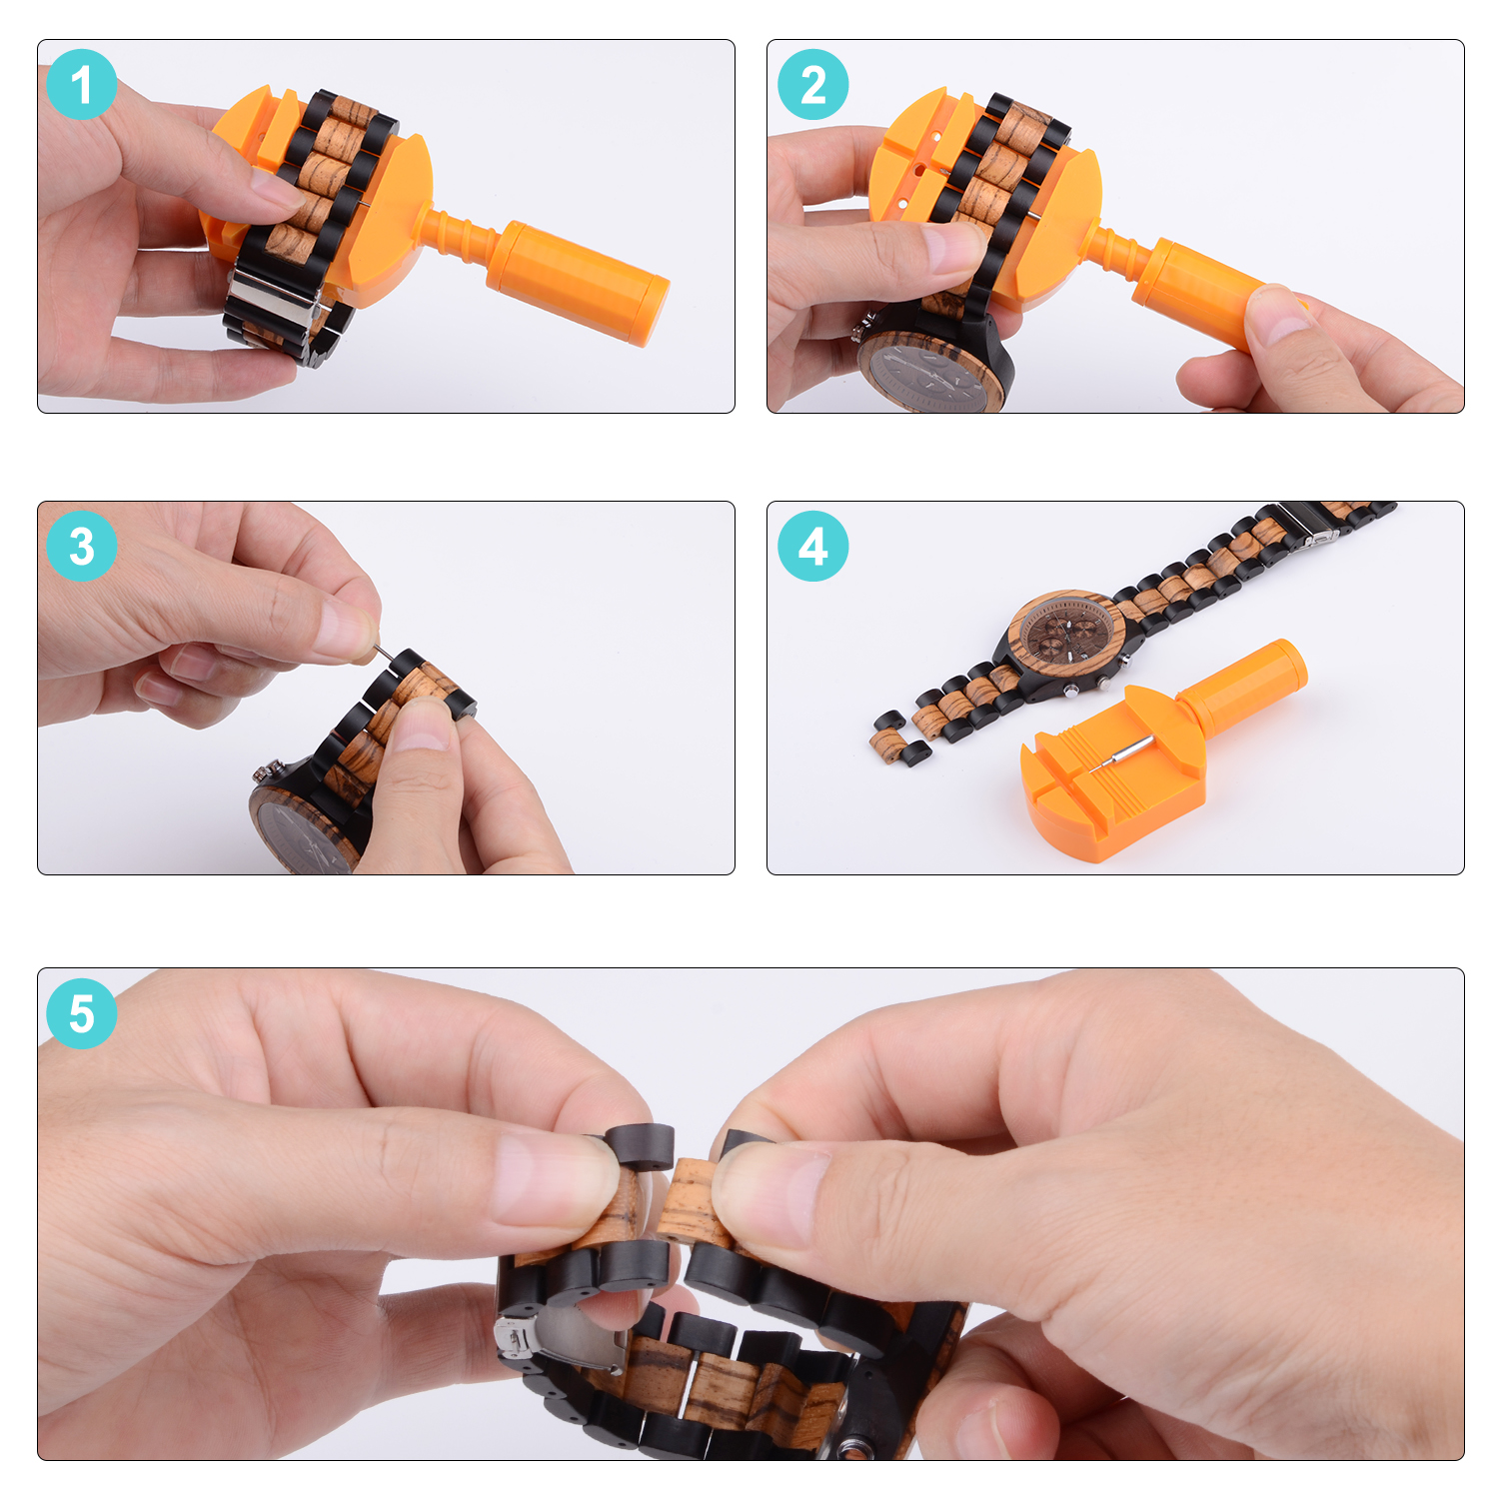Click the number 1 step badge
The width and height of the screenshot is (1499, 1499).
pyautogui.click(x=82, y=85)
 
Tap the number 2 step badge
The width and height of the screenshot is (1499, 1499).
pyautogui.click(x=813, y=85)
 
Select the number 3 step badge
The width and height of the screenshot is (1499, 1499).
pyautogui.click(x=82, y=547)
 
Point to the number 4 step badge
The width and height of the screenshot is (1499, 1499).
pyautogui.click(x=813, y=547)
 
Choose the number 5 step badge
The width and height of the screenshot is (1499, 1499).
pyautogui.click(x=82, y=1013)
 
